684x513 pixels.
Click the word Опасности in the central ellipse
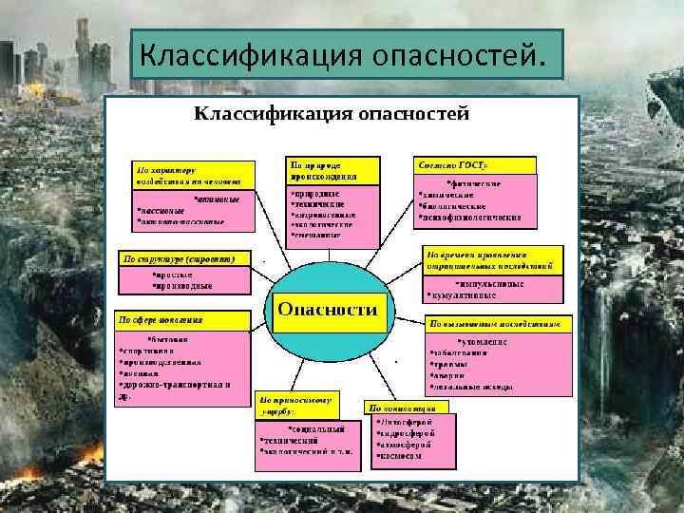point(326,310)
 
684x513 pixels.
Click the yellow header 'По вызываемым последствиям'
point(500,324)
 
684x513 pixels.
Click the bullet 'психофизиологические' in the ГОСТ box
point(471,218)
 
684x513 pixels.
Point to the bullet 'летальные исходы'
point(474,388)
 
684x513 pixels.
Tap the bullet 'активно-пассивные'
point(181,222)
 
